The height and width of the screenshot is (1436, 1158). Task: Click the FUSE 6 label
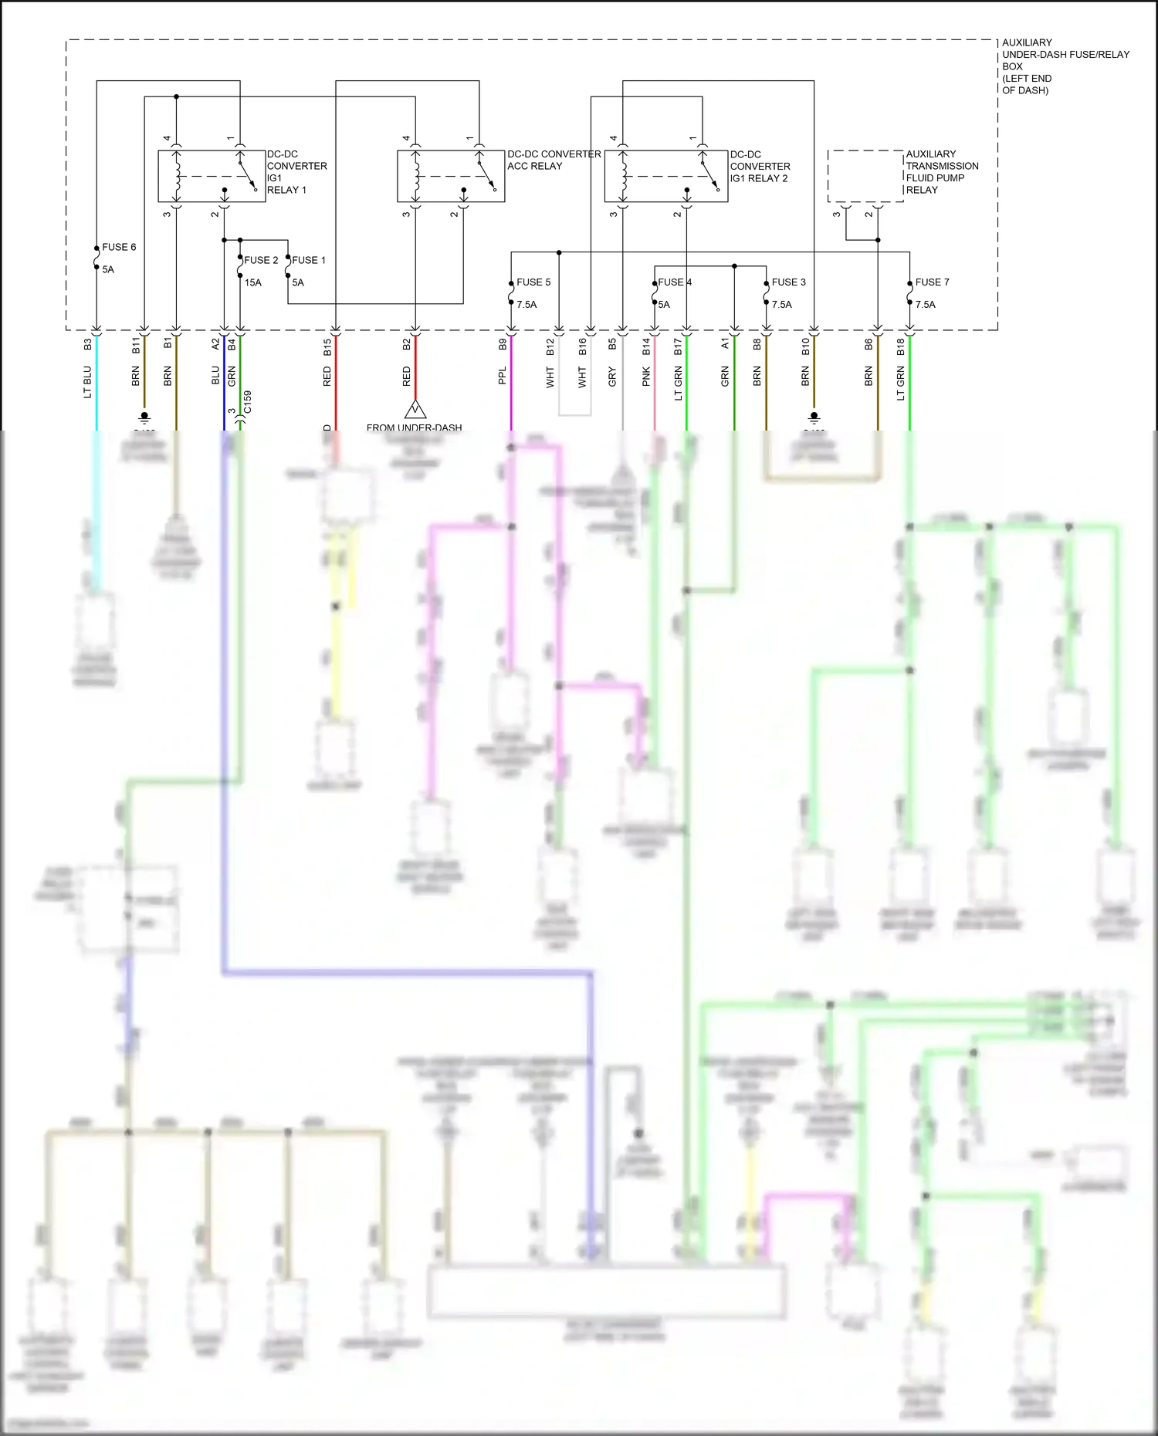[119, 247]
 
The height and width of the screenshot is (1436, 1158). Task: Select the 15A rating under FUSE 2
[253, 283]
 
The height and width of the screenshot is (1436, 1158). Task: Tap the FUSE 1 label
[309, 260]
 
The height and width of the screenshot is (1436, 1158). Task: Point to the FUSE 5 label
[533, 282]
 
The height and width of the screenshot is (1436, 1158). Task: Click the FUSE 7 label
[932, 282]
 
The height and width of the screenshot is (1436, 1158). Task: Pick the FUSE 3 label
[788, 282]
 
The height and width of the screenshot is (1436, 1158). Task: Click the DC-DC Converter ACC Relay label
[554, 160]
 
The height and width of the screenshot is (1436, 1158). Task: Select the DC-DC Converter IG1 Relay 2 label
[760, 166]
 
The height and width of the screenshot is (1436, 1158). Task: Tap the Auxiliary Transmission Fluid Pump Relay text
[942, 172]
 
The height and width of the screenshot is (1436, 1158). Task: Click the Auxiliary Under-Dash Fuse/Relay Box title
[1065, 66]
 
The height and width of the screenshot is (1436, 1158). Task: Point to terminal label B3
[87, 343]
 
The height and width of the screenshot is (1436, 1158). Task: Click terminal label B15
[327, 346]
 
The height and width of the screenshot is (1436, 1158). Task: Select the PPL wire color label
[503, 376]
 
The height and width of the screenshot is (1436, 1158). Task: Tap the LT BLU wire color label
[87, 382]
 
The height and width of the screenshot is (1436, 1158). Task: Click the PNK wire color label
[646, 377]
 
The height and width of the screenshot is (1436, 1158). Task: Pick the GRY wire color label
[612, 377]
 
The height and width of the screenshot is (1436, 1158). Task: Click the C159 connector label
[247, 402]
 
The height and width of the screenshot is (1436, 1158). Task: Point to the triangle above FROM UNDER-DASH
[415, 409]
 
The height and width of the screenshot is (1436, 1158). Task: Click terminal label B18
[900, 347]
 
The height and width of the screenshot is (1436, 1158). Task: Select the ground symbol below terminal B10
[814, 418]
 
